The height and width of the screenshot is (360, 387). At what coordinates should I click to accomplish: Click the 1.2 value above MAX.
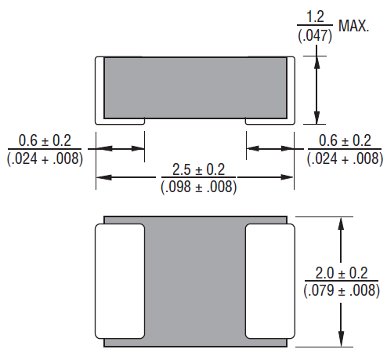(315, 16)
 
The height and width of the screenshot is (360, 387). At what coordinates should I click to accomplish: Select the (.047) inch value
(315, 35)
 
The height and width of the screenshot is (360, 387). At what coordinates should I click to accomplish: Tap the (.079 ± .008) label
(340, 291)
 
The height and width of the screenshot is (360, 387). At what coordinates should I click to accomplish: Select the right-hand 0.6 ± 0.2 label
(344, 140)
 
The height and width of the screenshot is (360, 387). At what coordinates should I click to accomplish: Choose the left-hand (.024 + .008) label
(44, 158)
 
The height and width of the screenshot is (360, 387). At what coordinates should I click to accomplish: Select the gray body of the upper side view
(196, 86)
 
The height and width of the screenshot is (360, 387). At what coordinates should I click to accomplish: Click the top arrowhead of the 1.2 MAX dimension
(316, 61)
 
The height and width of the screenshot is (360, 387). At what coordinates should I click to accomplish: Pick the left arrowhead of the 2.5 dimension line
(103, 178)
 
